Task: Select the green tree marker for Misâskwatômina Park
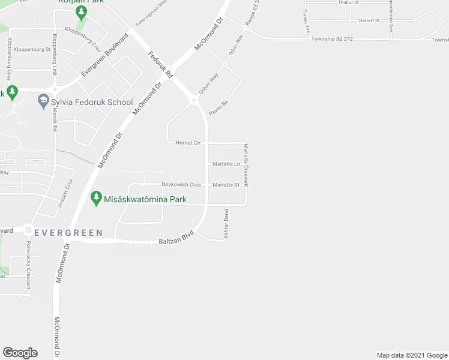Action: tap(95, 198)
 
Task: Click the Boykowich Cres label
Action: tap(181, 185)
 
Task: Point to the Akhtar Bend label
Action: tap(226, 224)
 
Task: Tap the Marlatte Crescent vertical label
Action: tap(246, 165)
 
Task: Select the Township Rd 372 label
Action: tap(331, 38)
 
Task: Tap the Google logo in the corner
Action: tap(20, 353)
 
